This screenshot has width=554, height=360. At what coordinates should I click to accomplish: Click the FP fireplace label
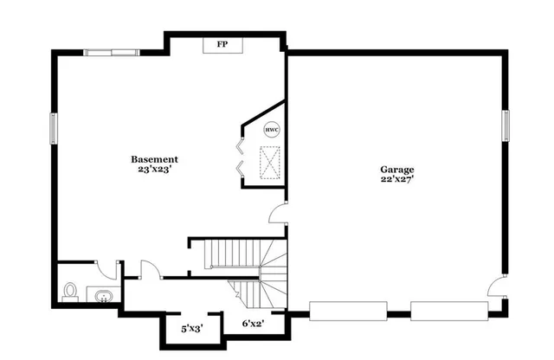click(x=222, y=44)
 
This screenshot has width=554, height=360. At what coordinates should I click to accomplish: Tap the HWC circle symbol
click(x=272, y=129)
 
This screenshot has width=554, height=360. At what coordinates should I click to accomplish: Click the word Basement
click(x=155, y=159)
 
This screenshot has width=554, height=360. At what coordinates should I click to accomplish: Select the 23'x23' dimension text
click(x=155, y=170)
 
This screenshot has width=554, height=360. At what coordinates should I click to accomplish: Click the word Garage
click(x=397, y=169)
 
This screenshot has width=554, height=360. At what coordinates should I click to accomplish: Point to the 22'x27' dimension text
click(x=397, y=180)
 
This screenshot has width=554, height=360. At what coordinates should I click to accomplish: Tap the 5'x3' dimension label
click(x=191, y=328)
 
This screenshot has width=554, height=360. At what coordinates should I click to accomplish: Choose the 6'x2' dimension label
click(x=252, y=323)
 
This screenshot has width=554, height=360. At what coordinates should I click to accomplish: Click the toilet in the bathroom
click(x=70, y=291)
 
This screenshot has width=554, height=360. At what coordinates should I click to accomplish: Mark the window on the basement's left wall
click(x=54, y=129)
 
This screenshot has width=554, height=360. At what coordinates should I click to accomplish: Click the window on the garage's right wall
click(x=507, y=125)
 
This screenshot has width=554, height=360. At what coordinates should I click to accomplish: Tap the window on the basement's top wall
click(x=112, y=53)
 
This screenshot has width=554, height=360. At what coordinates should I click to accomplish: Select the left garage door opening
click(x=349, y=311)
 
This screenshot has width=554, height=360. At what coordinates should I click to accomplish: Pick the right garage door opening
click(x=448, y=311)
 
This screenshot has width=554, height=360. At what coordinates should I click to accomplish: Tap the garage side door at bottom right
click(x=497, y=286)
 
